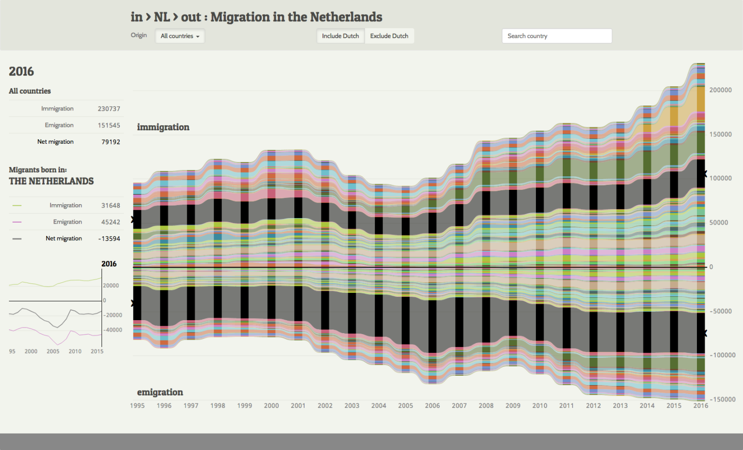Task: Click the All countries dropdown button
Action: (180, 36)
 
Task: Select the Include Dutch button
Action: (340, 36)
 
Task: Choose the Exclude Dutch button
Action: (389, 36)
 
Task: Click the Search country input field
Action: (557, 36)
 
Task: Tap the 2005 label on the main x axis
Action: (405, 405)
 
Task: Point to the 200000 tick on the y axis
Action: (720, 90)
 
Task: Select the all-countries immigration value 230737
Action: (109, 109)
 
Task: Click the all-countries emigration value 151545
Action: (109, 125)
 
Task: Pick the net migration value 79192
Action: (111, 142)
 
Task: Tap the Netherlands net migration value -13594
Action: (109, 238)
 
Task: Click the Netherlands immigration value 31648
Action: (111, 205)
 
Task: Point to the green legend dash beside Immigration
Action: (17, 206)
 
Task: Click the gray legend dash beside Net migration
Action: (17, 239)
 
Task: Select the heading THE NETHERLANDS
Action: (52, 181)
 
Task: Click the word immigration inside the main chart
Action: (163, 127)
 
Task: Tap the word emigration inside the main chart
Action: (160, 392)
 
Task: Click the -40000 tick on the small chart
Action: (112, 330)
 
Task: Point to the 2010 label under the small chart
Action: (75, 351)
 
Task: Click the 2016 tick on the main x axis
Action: (700, 405)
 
